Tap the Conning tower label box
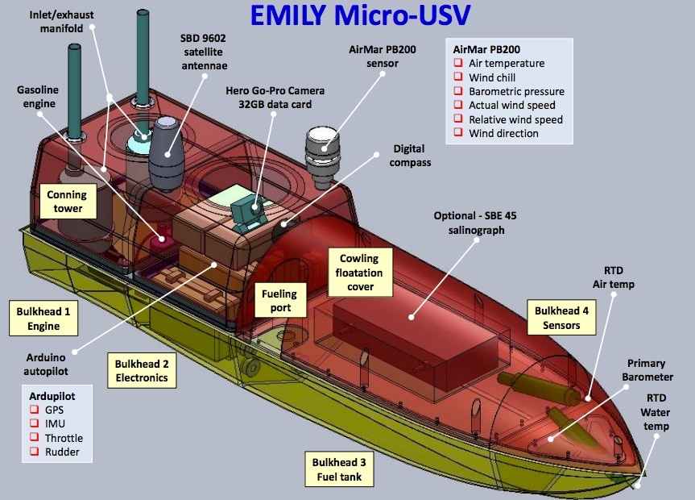pyautogui.click(x=66, y=202)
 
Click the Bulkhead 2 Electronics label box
pyautogui.click(x=141, y=369)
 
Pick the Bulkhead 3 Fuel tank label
pyautogui.click(x=339, y=469)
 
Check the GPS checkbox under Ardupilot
pyautogui.click(x=35, y=410)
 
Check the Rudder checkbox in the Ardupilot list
pyautogui.click(x=35, y=452)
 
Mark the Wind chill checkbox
pyautogui.click(x=458, y=77)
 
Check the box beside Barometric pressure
pyautogui.click(x=458, y=91)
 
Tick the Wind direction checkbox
pyautogui.click(x=458, y=133)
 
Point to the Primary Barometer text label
pyautogui.click(x=650, y=370)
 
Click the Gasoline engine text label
pyautogui.click(x=35, y=98)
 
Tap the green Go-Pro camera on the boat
pyautogui.click(x=246, y=212)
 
